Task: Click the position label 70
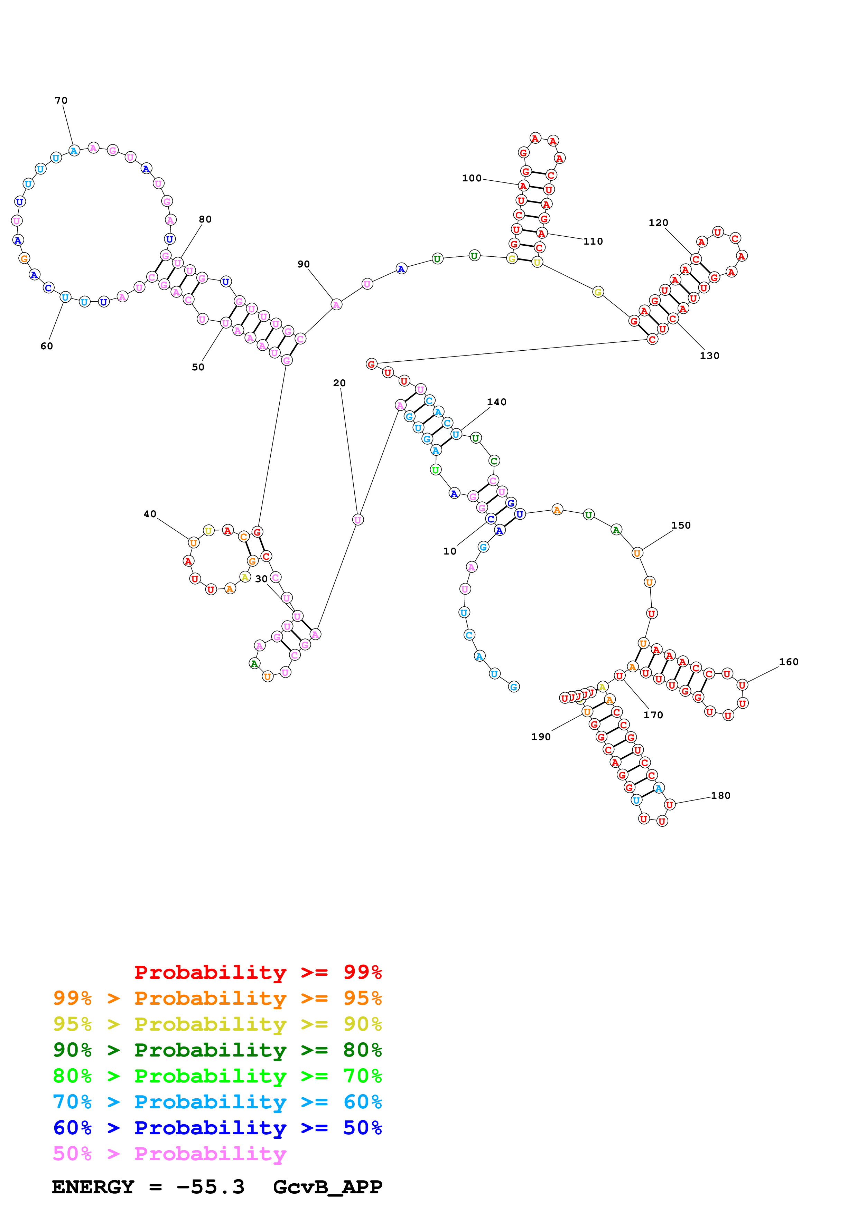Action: (61, 100)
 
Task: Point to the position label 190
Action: (541, 737)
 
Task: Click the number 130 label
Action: (709, 356)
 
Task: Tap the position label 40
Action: (150, 514)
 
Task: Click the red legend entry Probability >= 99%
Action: (258, 972)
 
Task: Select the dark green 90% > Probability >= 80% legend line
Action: (217, 1050)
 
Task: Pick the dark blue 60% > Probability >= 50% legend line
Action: (217, 1128)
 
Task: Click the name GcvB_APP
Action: (327, 1187)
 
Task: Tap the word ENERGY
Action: (93, 1187)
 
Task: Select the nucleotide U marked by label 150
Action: (637, 553)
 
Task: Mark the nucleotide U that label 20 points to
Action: (357, 520)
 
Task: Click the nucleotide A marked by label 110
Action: (541, 233)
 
